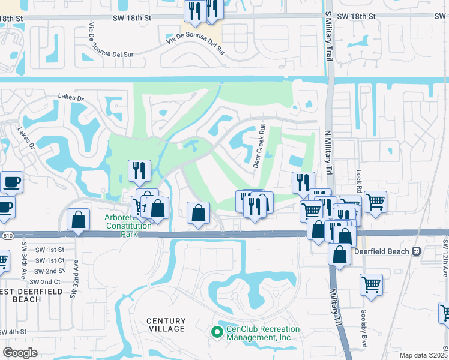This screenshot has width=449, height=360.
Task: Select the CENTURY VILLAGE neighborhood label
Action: [166, 326]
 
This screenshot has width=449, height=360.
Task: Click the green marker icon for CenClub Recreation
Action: [217, 331]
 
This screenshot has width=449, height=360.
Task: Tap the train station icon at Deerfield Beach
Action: [415, 251]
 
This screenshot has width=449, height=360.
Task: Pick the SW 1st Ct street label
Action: [50, 260]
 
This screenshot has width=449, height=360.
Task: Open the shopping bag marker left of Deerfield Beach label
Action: [340, 253]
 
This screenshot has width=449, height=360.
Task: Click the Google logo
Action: [20, 353]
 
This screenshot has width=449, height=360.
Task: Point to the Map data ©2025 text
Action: [423, 355]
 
